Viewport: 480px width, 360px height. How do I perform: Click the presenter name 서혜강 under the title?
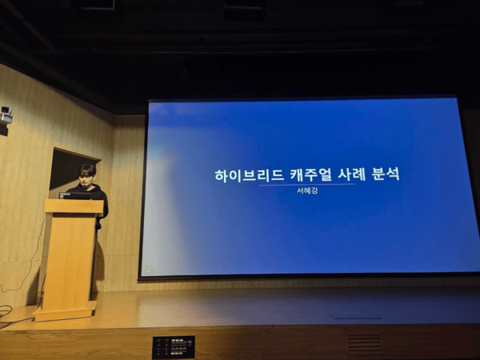[307, 190]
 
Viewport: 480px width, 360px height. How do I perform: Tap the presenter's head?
[87, 173]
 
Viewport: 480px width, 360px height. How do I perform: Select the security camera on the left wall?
[6, 116]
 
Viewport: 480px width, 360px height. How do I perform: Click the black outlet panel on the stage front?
[174, 346]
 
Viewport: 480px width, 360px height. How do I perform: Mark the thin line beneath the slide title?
[306, 184]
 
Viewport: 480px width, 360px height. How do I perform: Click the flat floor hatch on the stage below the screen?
[357, 315]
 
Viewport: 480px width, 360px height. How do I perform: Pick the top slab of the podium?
[74, 206]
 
